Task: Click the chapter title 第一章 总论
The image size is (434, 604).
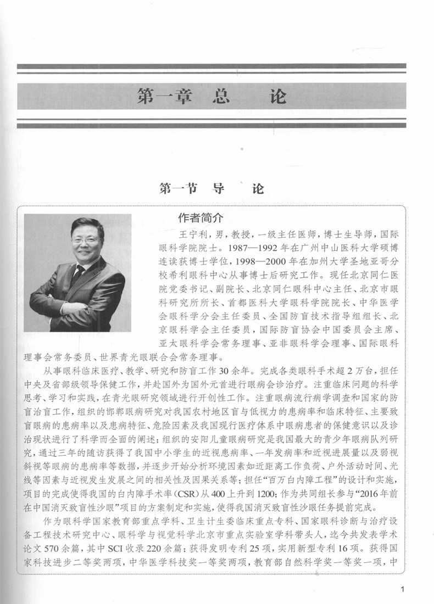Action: click(212, 97)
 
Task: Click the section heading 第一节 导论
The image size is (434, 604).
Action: click(212, 189)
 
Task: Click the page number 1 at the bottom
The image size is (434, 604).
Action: click(404, 590)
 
